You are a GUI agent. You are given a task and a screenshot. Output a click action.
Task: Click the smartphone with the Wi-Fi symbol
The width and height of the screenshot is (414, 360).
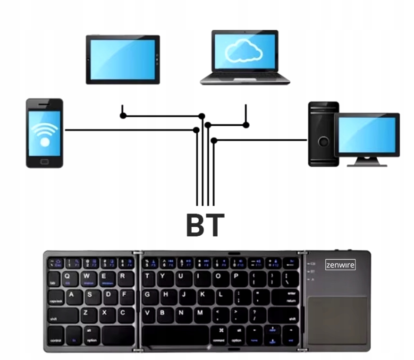pos(44,133)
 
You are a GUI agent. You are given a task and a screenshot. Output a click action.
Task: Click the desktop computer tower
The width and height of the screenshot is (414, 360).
pos(323,134)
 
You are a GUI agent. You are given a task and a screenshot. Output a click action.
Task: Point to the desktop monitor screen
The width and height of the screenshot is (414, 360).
pos(366,135)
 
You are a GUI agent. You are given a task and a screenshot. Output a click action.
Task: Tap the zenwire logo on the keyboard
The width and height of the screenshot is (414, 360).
pos(340,265)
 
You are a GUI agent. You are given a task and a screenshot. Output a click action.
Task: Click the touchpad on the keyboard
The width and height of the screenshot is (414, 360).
pos(338,320)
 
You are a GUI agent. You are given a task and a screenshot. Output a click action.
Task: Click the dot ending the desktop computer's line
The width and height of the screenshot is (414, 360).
pos(214,140)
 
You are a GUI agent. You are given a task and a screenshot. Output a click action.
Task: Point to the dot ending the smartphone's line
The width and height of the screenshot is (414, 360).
pos(196,130)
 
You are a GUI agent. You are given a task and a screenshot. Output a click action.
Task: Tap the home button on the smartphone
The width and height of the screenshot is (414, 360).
pos(44,161)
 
